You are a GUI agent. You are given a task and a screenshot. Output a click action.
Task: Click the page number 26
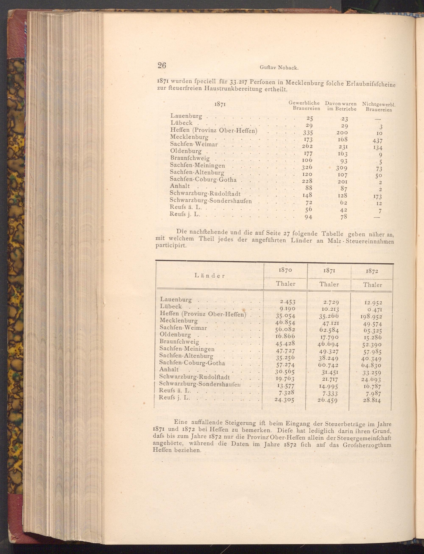coord(162,65)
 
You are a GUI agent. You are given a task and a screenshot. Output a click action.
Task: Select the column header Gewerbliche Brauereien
coord(304,106)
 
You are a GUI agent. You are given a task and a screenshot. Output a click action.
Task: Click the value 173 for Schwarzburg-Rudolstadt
coord(376,196)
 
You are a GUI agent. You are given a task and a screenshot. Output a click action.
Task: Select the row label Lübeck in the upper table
coord(181,123)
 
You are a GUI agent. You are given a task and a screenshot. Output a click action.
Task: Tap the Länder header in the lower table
coord(210,276)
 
